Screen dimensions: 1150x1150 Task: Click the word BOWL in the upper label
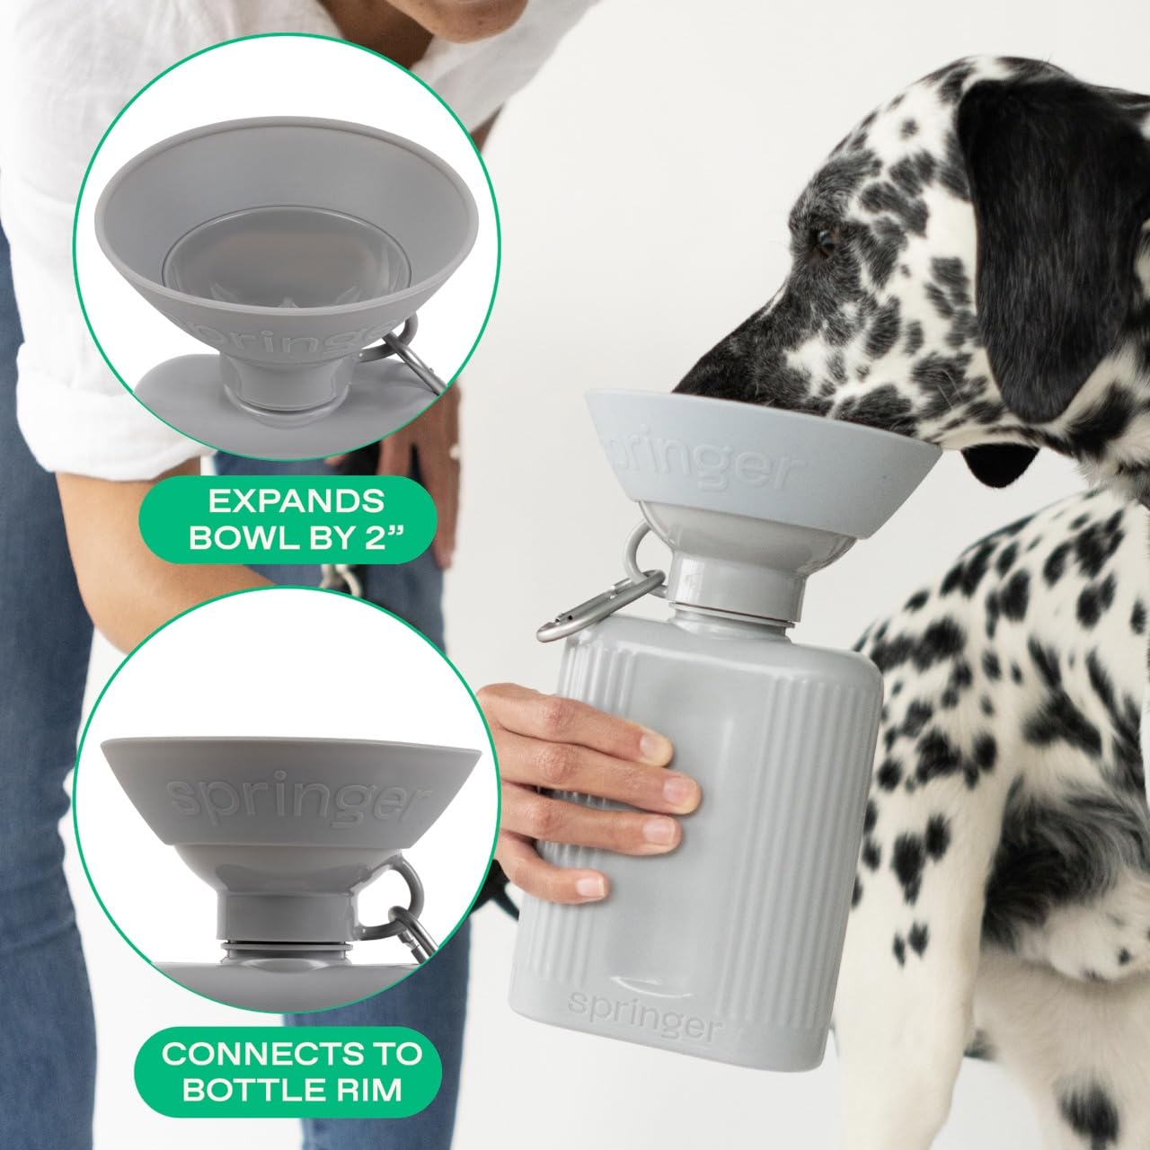pyautogui.click(x=248, y=539)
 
